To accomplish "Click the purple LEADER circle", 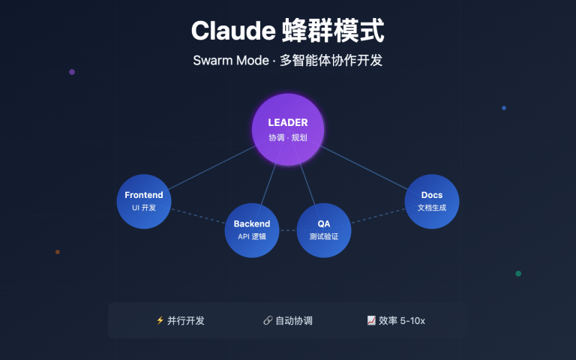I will point(288,129).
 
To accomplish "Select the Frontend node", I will point(144,200).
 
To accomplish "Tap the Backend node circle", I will point(252,229).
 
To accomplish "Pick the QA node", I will point(324,229).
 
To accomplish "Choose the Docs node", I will point(432,200).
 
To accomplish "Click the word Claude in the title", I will point(232,31).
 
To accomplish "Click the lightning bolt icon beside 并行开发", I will point(160,320).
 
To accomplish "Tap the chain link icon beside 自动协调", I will point(268,320).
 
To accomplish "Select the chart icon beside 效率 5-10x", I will point(371,320).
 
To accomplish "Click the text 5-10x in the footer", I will point(413,320).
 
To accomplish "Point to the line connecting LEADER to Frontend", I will point(212,166).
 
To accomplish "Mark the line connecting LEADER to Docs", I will point(364,167).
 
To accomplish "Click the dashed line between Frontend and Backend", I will point(199,215).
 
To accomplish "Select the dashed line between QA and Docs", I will point(378,215).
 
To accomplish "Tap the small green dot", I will point(518,274).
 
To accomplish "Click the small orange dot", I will point(58,252).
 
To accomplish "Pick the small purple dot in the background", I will point(72,72).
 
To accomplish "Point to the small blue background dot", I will point(504,108).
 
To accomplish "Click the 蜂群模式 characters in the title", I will point(333,31).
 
